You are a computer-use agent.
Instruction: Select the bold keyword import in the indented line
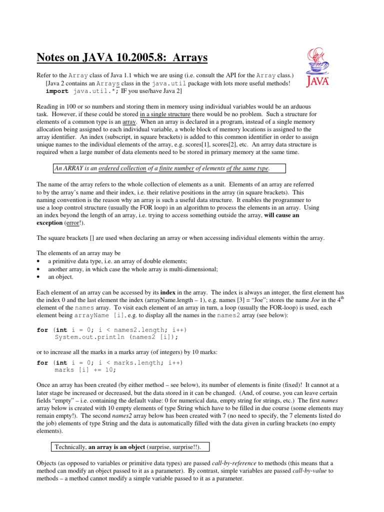57,92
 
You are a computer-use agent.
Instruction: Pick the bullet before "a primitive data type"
39,261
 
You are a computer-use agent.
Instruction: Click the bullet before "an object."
39,276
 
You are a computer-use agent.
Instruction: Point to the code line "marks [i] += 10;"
85,370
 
